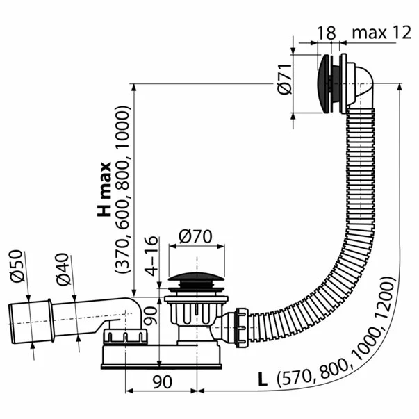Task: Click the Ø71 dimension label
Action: click(x=284, y=79)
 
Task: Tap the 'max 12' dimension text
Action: click(x=381, y=33)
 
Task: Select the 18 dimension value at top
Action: click(x=327, y=33)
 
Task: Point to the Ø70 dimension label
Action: click(x=196, y=236)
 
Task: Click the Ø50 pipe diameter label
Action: click(x=17, y=265)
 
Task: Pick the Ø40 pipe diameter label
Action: click(x=63, y=270)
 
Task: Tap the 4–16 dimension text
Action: click(x=151, y=256)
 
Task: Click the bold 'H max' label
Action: click(x=104, y=189)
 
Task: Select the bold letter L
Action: click(x=263, y=379)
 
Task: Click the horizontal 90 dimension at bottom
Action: click(x=162, y=382)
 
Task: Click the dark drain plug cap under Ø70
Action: click(x=197, y=277)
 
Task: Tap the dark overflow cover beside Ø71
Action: click(x=323, y=83)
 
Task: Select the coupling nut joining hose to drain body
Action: click(x=242, y=327)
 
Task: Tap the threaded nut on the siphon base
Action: click(x=125, y=336)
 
